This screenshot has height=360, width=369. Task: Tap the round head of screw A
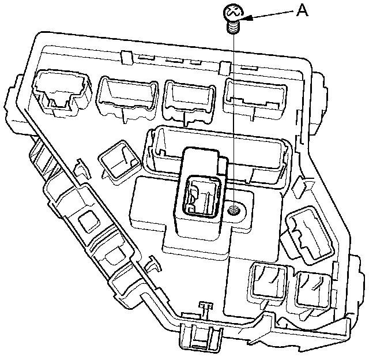point(232,12)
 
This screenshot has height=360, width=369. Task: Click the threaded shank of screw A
point(232,26)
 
